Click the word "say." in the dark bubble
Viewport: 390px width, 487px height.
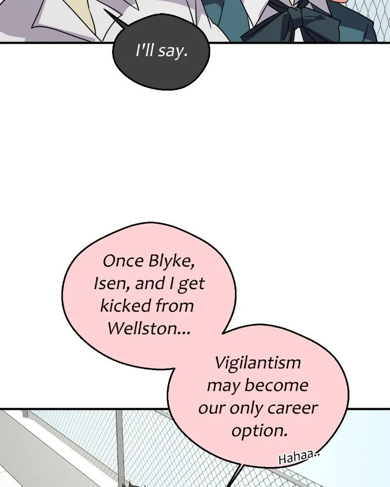point(173,51)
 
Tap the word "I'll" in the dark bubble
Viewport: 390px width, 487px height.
point(145,50)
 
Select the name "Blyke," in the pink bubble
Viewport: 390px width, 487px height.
point(171,261)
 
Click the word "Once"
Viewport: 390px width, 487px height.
point(123,261)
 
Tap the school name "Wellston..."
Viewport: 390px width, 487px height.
point(149,328)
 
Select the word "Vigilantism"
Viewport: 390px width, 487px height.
point(258,363)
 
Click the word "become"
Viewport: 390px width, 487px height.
point(276,385)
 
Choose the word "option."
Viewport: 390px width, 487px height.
point(259,431)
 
